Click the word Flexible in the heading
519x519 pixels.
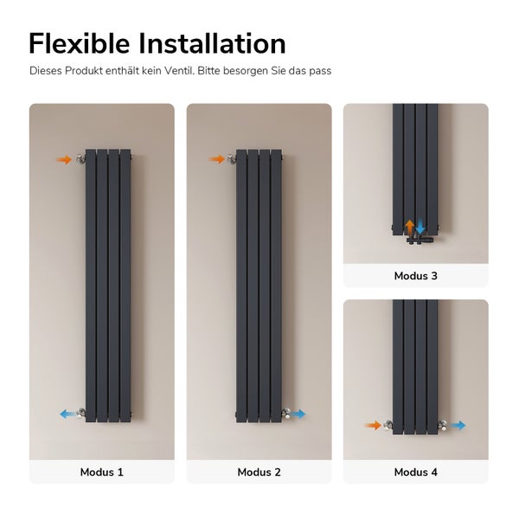coord(80,43)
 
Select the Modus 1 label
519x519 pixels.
coord(101,472)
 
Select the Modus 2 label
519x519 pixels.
coord(259,472)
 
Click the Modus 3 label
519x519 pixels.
coord(416,276)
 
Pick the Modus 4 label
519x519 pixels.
coord(416,472)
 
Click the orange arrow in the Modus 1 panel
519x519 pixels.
coord(64,160)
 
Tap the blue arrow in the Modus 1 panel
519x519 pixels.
coord(67,413)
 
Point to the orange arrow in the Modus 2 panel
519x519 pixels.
coord(217,159)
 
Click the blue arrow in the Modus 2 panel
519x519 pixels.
coord(298,413)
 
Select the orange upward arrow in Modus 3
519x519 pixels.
coord(410,227)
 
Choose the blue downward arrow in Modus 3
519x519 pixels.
coord(420,227)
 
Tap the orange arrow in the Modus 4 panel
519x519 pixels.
coord(373,426)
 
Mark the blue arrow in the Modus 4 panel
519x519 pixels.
coord(458,426)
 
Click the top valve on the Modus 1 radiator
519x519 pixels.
coord(81,159)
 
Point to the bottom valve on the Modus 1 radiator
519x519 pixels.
coord(81,413)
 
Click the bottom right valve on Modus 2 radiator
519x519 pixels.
coord(286,413)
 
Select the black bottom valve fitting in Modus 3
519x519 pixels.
coord(420,239)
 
